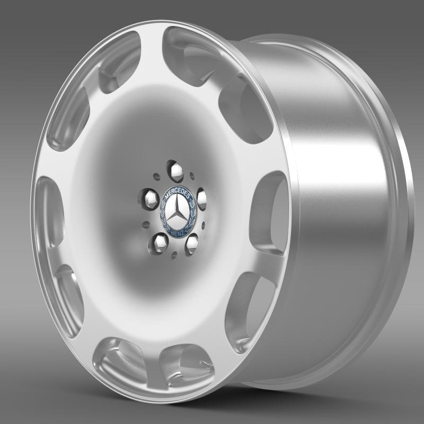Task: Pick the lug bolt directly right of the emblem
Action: pyautogui.click(x=202, y=199)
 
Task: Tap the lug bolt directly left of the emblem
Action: pyautogui.click(x=150, y=199)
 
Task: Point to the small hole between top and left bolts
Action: pyautogui.click(x=156, y=177)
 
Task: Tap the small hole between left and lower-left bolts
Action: pyautogui.click(x=145, y=225)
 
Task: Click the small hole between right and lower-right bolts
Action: pyautogui.click(x=204, y=225)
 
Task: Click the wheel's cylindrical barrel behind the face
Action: pyautogui.click(x=339, y=212)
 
